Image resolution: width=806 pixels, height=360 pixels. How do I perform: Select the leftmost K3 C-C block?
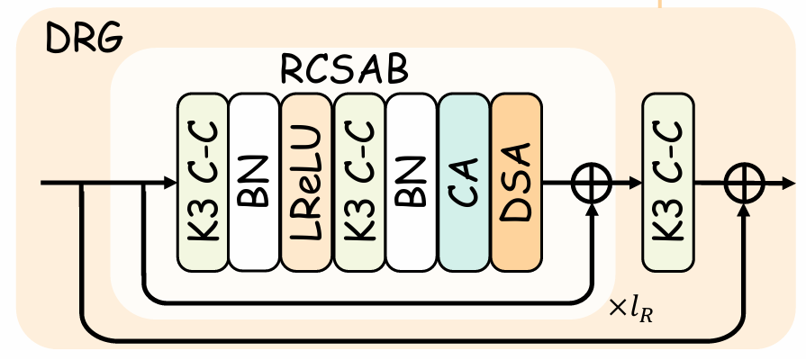(202, 181)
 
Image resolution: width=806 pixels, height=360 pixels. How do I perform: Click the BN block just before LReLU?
(254, 181)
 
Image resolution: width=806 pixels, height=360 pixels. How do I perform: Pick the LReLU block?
(306, 181)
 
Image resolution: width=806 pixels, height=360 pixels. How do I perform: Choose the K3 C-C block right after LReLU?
(358, 181)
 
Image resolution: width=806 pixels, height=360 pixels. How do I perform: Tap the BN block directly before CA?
(412, 181)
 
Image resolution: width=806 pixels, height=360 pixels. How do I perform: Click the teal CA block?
(464, 181)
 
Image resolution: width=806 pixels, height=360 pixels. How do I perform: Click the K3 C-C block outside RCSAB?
(667, 181)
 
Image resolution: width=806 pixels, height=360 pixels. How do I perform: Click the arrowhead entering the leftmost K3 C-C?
(171, 184)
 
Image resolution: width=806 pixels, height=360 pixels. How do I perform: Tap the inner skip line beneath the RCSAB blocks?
(360, 301)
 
